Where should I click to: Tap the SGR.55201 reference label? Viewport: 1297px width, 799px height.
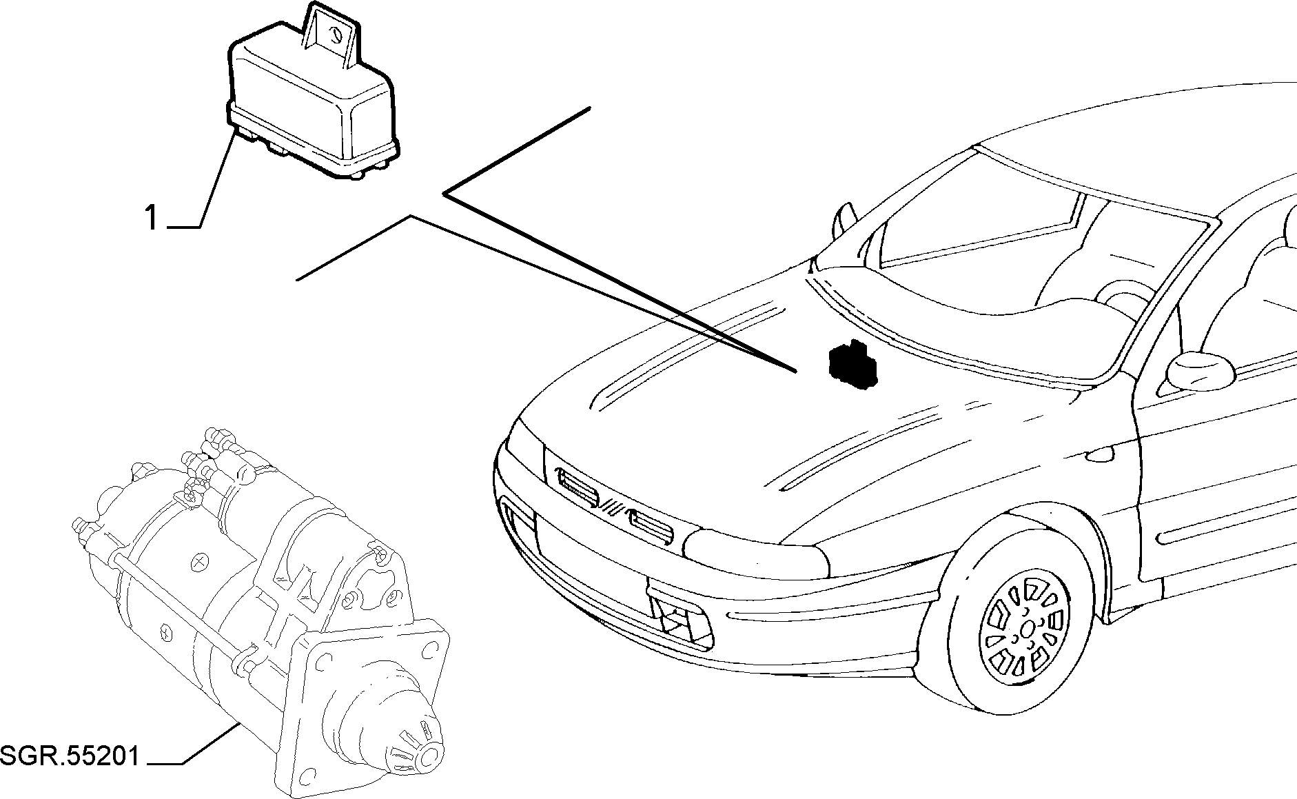[x=70, y=756]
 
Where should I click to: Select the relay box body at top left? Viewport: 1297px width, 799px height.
[x=314, y=110]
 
